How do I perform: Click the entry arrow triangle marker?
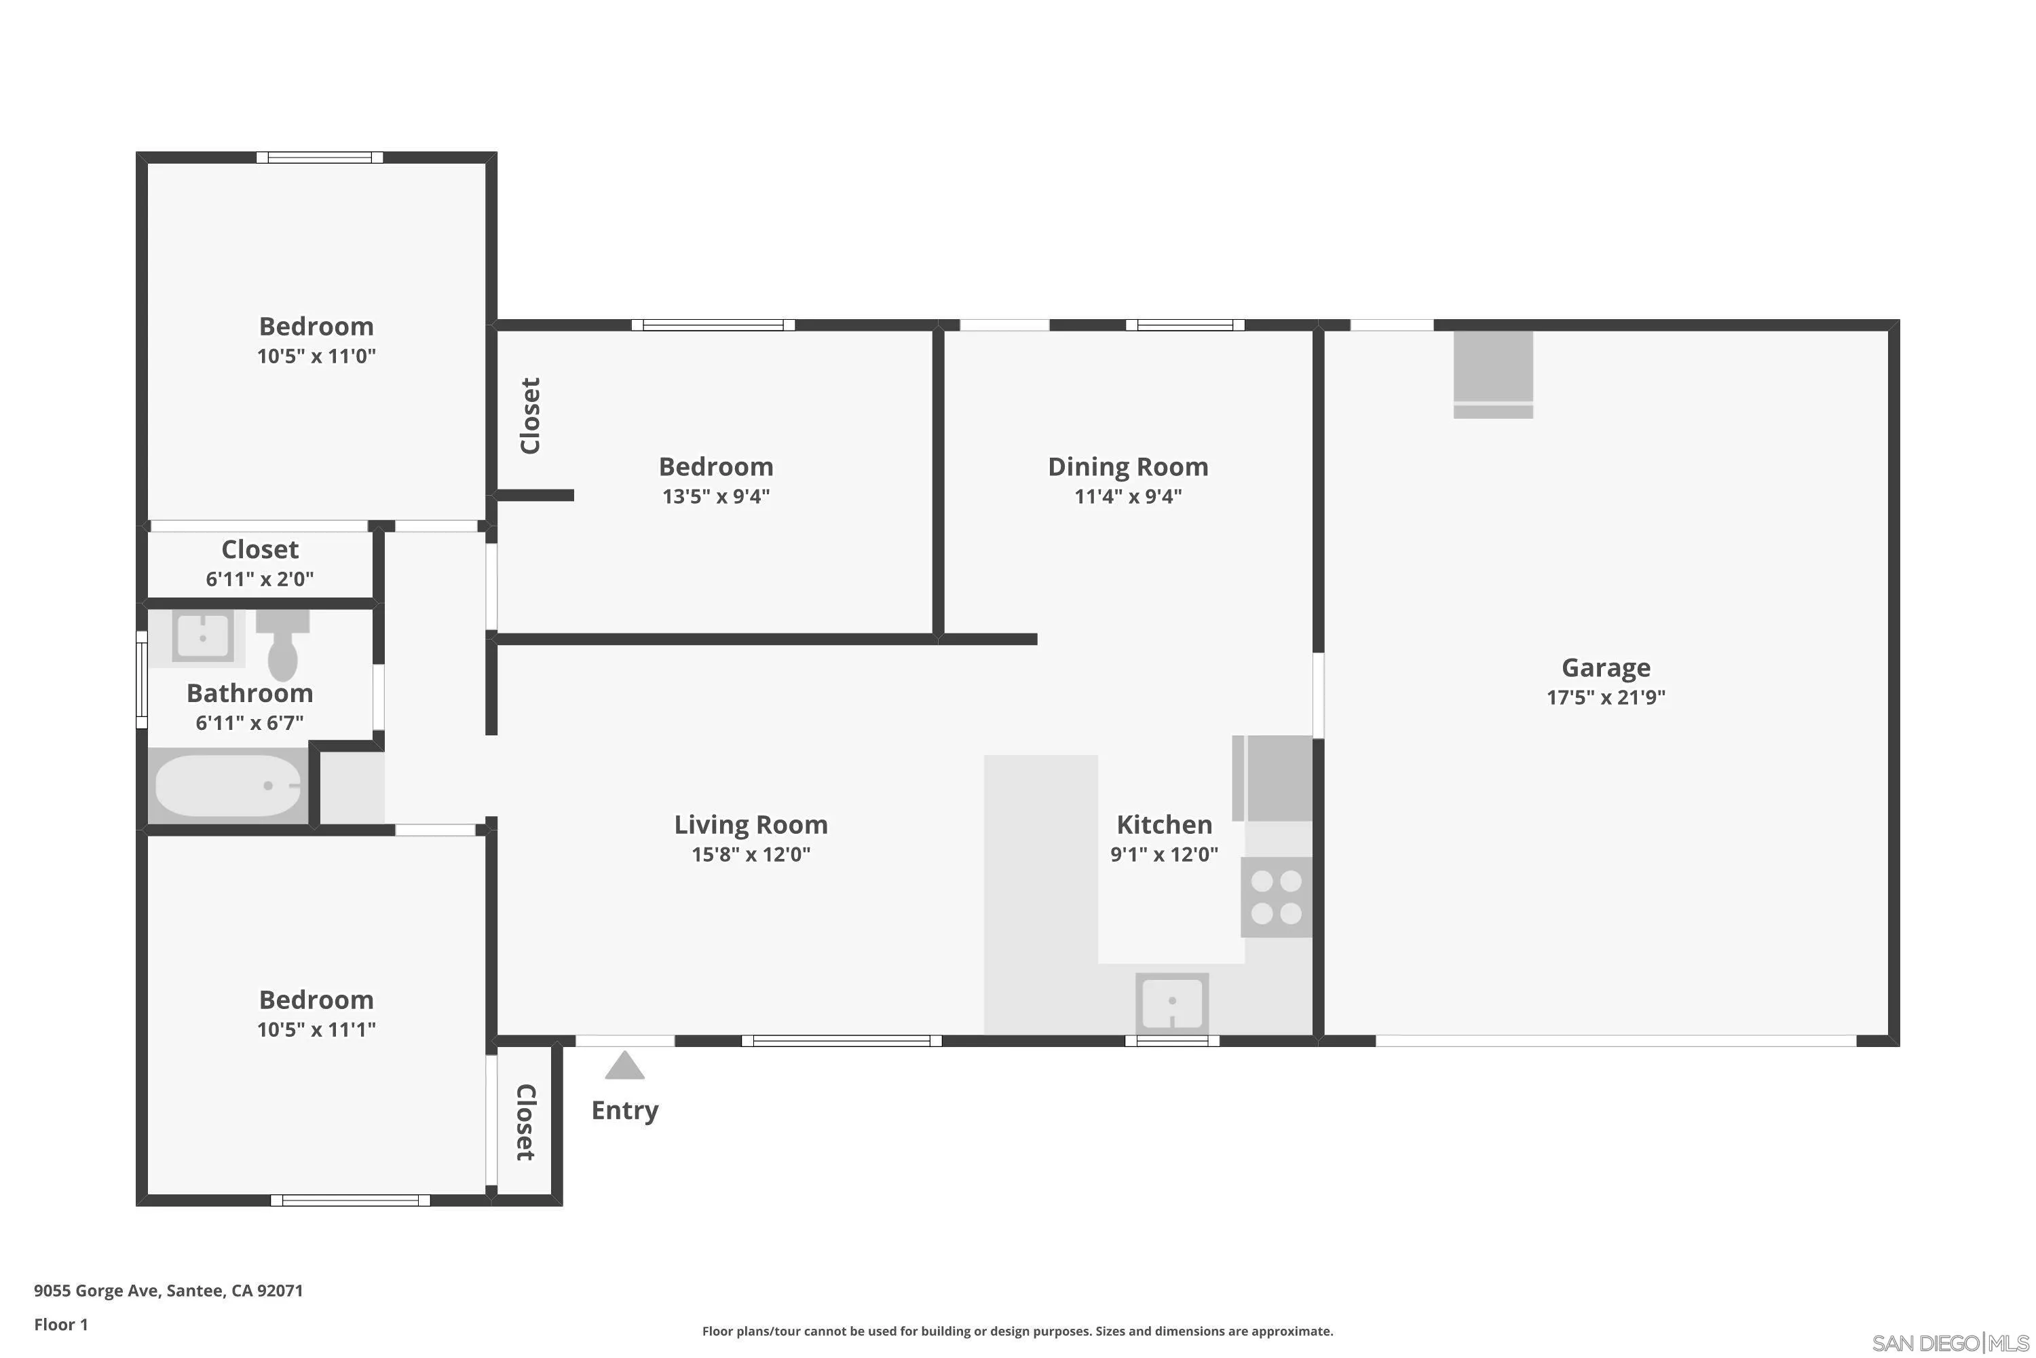click(x=624, y=1066)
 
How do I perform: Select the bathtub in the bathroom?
click(x=227, y=786)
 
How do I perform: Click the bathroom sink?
click(x=202, y=638)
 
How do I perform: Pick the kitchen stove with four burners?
click(x=1276, y=897)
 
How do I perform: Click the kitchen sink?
click(x=1172, y=1002)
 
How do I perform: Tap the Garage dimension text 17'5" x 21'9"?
click(x=1605, y=697)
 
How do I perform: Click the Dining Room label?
click(x=1128, y=467)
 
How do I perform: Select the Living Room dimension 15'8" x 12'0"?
click(x=751, y=854)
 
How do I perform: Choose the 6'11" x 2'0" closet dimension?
click(x=260, y=579)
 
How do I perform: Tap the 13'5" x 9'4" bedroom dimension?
click(x=716, y=496)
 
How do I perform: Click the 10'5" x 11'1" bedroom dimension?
click(x=316, y=1029)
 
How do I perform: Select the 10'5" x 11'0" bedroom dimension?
click(x=316, y=356)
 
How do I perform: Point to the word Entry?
click(x=624, y=1110)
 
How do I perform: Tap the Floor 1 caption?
click(x=60, y=1324)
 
